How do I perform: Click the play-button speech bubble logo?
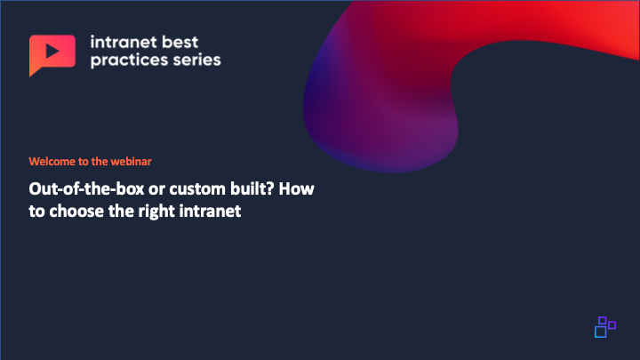(52, 53)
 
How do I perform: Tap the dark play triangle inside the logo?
(52, 51)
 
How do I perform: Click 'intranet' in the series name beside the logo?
(124, 42)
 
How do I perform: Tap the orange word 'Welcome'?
(52, 161)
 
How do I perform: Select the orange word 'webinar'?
(131, 161)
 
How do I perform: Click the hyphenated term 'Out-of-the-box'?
(86, 189)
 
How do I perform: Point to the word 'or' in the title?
(156, 190)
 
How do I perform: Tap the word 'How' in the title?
(297, 189)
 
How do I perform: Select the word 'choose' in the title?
(76, 212)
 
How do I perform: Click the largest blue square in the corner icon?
(600, 332)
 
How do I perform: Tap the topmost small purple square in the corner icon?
(603, 320)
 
